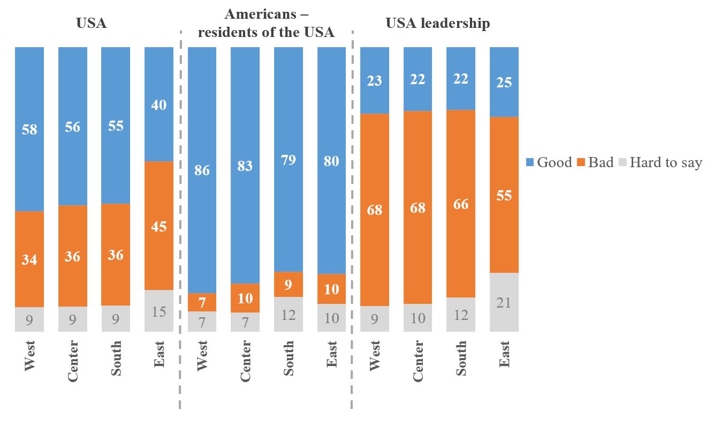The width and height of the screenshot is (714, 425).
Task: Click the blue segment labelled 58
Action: pyautogui.click(x=29, y=129)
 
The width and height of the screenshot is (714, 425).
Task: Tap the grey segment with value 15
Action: pyautogui.click(x=159, y=310)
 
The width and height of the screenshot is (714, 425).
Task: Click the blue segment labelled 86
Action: pyautogui.click(x=202, y=170)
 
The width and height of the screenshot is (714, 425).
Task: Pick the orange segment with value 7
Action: pyautogui.click(x=202, y=302)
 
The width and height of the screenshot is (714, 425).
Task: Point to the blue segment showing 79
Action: pyautogui.click(x=288, y=159)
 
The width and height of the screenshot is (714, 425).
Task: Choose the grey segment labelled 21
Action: pyautogui.click(x=504, y=302)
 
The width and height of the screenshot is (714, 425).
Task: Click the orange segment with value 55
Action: pyautogui.click(x=504, y=195)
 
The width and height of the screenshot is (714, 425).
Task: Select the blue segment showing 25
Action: pyautogui.click(x=504, y=82)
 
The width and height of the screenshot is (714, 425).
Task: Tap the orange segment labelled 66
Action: pyautogui.click(x=461, y=204)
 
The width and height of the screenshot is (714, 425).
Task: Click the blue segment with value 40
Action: pyautogui.click(x=159, y=105)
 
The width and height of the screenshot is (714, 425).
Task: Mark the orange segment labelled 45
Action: pyautogui.click(x=159, y=226)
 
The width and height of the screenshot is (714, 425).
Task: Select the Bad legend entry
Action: pyautogui.click(x=596, y=162)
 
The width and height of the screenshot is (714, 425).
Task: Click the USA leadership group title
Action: pyautogui.click(x=437, y=24)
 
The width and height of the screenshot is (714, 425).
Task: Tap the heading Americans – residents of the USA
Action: pyautogui.click(x=266, y=23)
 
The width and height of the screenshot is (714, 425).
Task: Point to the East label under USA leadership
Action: pyautogui.click(x=504, y=354)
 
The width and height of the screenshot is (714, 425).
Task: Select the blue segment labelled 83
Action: pyautogui.click(x=245, y=166)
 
